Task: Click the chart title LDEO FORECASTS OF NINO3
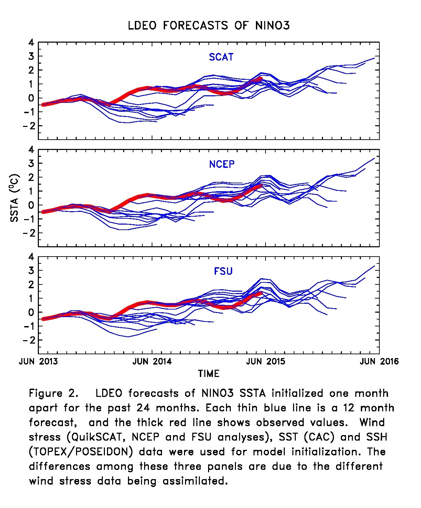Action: (208, 26)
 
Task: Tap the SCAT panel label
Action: (221, 57)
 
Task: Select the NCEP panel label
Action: (222, 164)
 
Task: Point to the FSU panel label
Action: (223, 271)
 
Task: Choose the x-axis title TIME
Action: (208, 374)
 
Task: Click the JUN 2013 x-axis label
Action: (38, 361)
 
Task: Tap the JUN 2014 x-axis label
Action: (152, 361)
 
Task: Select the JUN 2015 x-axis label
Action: (266, 361)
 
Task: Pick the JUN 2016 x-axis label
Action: (379, 361)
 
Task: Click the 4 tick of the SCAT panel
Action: (31, 43)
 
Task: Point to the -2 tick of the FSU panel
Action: (29, 340)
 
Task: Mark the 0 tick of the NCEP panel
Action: (31, 205)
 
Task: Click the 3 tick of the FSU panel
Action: (31, 271)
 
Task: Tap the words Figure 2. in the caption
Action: (53, 393)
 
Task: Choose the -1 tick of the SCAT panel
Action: (29, 112)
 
